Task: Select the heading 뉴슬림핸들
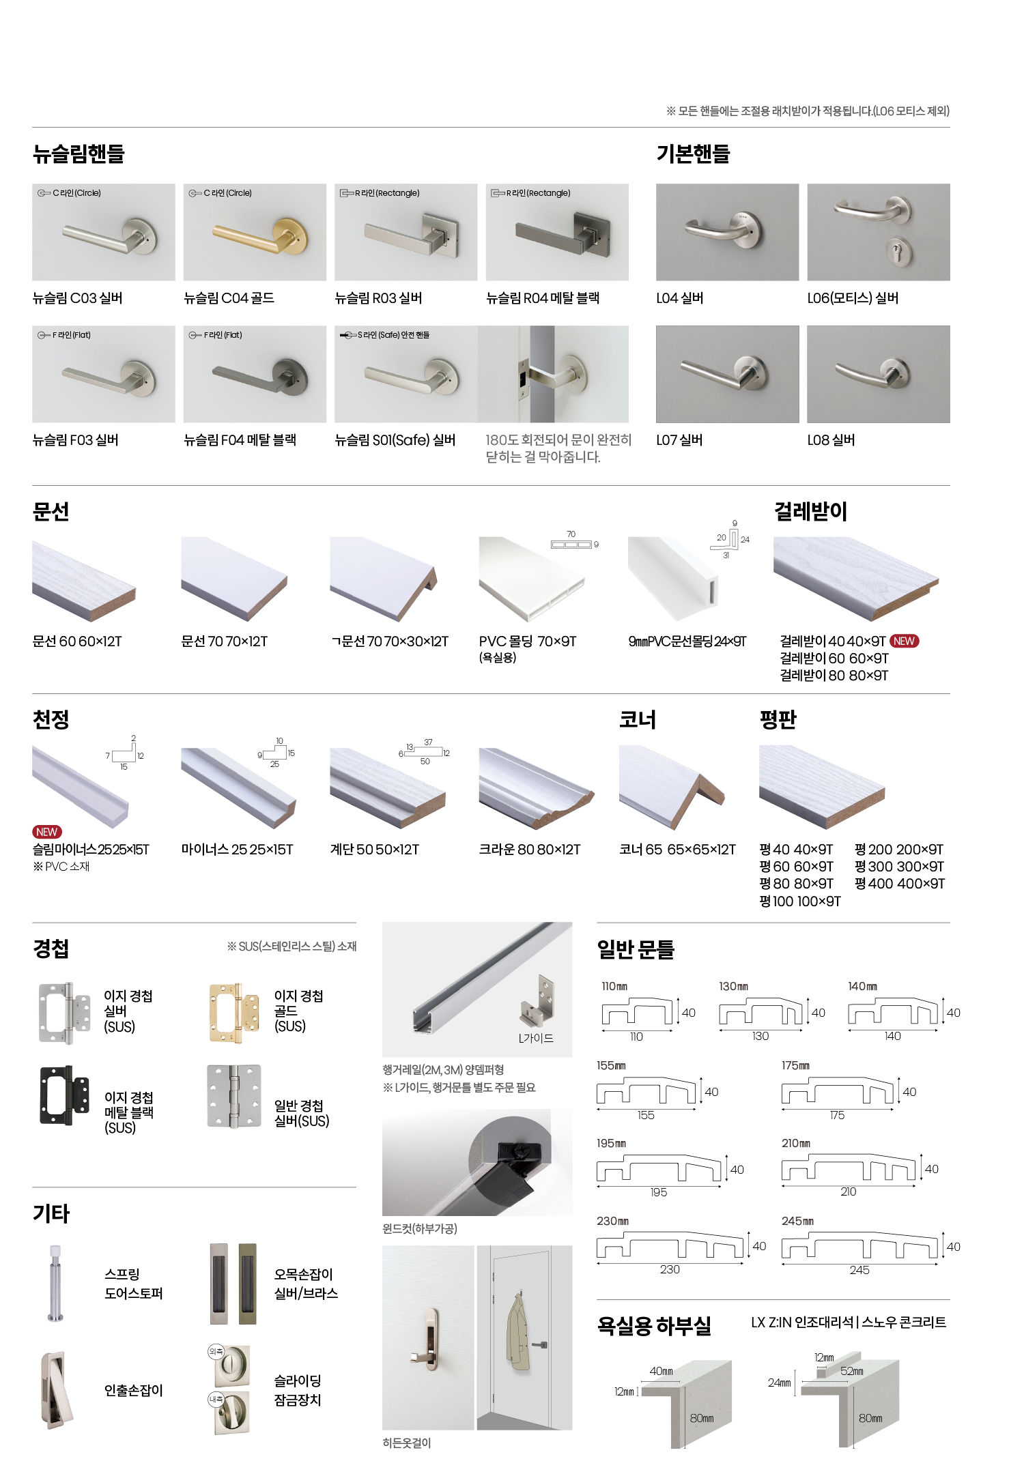[x=79, y=154]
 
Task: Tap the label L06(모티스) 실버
[x=853, y=298]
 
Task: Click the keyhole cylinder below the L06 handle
[x=897, y=252]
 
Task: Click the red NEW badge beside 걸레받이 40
[x=904, y=641]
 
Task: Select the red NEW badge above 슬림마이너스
[x=46, y=832]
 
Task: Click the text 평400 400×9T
[x=899, y=884]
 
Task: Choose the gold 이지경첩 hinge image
[x=234, y=1013]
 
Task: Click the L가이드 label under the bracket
[x=535, y=1038]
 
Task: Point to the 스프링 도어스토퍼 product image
[x=55, y=1283]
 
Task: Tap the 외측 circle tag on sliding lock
[x=216, y=1350]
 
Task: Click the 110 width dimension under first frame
[x=636, y=1037]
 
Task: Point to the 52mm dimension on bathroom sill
[x=851, y=1371]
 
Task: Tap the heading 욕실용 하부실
[x=653, y=1325]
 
